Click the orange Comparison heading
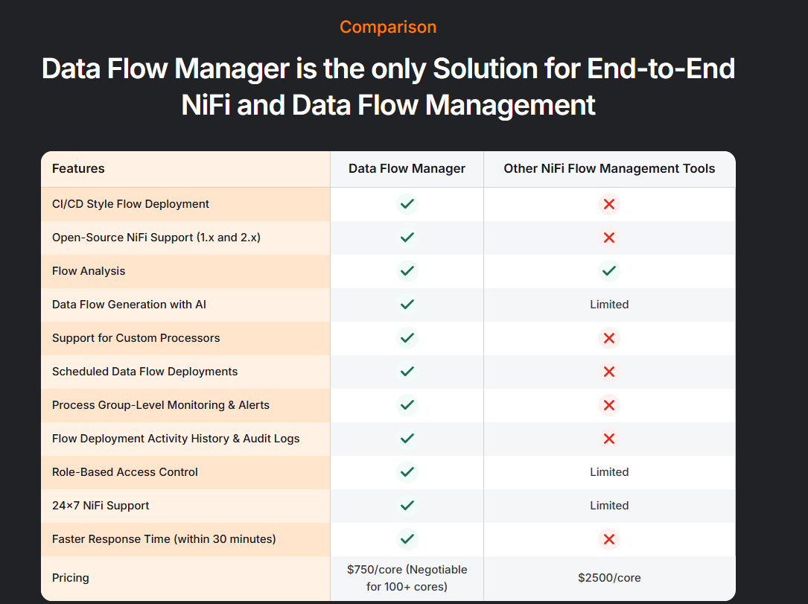388,28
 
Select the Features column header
78,168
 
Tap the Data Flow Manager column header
407,168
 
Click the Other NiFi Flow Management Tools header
609,168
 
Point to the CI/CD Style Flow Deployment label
130,204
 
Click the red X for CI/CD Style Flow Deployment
609,204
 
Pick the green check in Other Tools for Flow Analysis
609,271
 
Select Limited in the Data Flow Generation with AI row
609,305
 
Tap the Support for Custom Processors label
136,338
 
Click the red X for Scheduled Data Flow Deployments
609,372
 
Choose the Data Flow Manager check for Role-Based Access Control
407,472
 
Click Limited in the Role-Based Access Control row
609,472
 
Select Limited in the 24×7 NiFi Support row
609,506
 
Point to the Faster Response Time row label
164,539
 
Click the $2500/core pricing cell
609,578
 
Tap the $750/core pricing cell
407,578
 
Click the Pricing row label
71,578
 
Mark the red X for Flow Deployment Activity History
609,439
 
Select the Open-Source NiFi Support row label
156,238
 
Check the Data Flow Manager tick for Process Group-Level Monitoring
407,405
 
